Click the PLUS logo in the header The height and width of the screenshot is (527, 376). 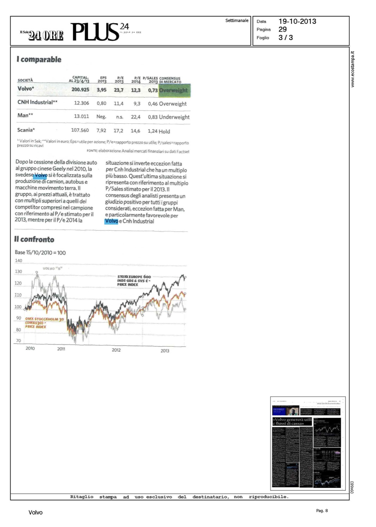tap(95, 32)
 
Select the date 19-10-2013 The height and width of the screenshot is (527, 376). tap(297, 21)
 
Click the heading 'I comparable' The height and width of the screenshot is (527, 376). tap(39, 59)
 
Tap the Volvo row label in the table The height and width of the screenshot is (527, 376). tap(26, 89)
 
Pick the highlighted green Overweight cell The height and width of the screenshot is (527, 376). tap(174, 90)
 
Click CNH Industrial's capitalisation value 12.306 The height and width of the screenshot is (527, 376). tap(81, 103)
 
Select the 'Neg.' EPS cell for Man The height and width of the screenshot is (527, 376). tap(101, 117)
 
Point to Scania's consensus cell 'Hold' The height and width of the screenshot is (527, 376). tap(164, 131)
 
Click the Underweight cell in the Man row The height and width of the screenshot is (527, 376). tap(174, 117)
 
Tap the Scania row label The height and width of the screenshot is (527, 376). tap(26, 130)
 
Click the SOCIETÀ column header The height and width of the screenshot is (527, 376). tap(25, 80)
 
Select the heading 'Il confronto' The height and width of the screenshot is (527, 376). tap(34, 240)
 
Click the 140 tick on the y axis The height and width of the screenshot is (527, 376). tap(18, 261)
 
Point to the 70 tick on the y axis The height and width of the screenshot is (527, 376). tap(18, 341)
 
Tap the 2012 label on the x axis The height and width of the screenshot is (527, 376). tap(116, 350)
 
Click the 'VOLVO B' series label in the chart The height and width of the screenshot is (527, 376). tap(52, 268)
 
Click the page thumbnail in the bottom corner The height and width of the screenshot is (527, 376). tap(308, 443)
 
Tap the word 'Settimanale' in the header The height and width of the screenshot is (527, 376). tap(237, 21)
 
